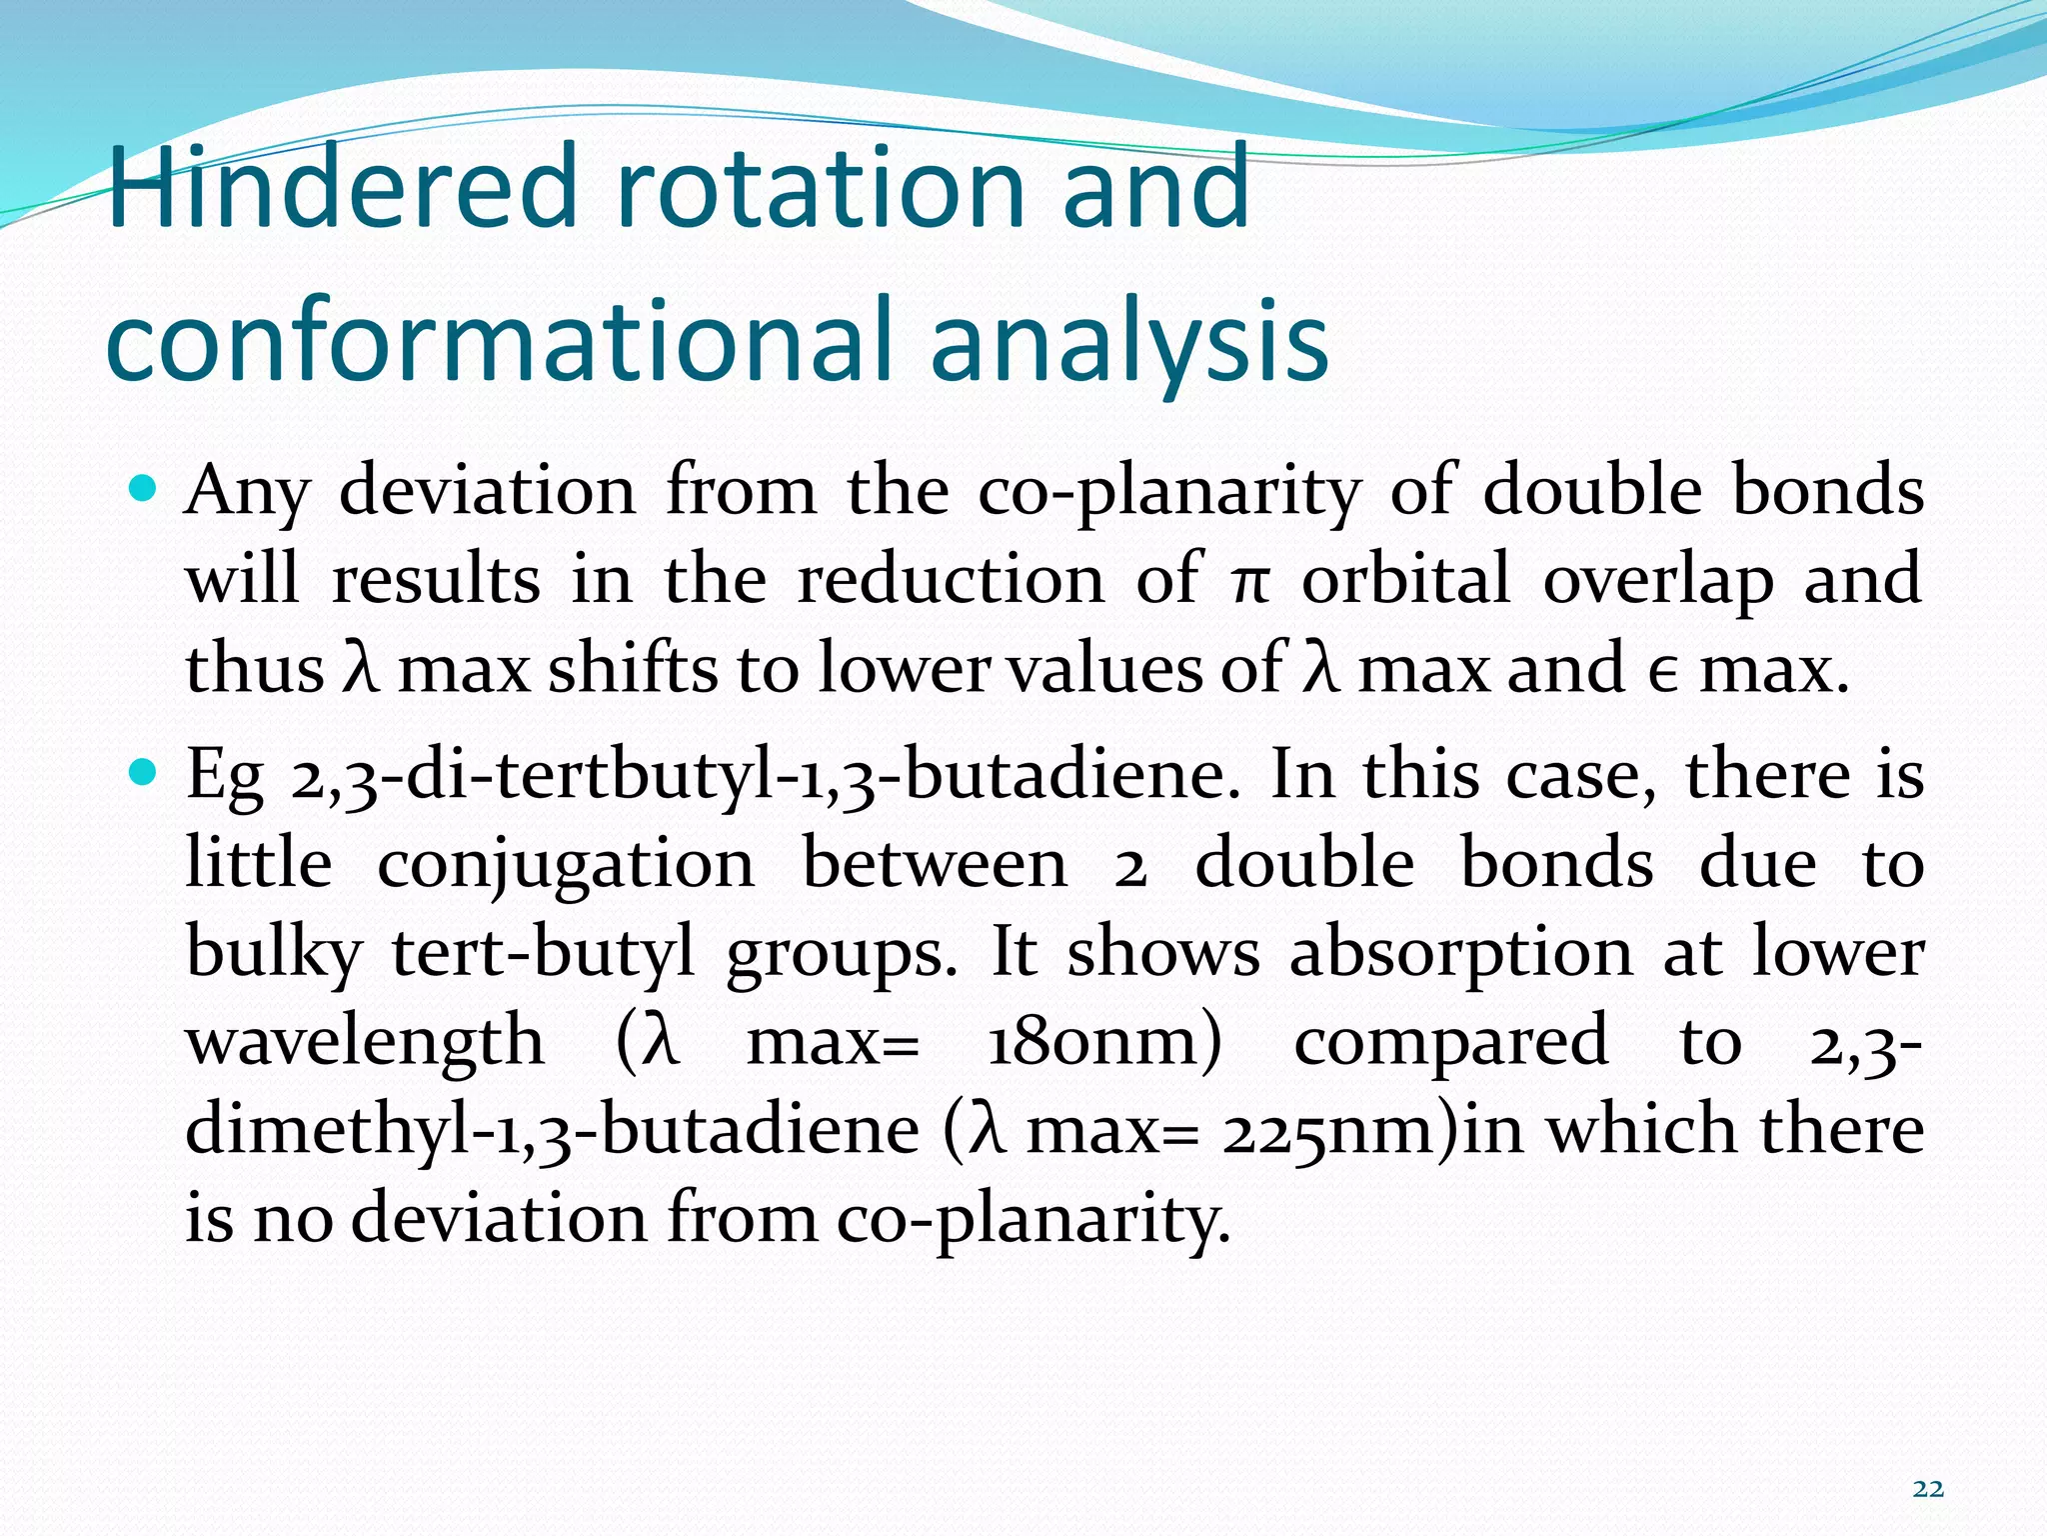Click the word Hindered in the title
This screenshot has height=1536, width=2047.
[x=341, y=187]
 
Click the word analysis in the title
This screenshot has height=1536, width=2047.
[x=1128, y=340]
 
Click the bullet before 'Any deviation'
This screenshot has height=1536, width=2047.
[x=144, y=489]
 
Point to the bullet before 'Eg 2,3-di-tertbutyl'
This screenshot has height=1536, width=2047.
[x=144, y=772]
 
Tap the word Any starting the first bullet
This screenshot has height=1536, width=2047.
[x=248, y=492]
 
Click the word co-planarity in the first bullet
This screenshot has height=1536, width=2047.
[x=1168, y=492]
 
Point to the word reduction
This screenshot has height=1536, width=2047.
[x=951, y=580]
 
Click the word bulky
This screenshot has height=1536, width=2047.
[x=273, y=952]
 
